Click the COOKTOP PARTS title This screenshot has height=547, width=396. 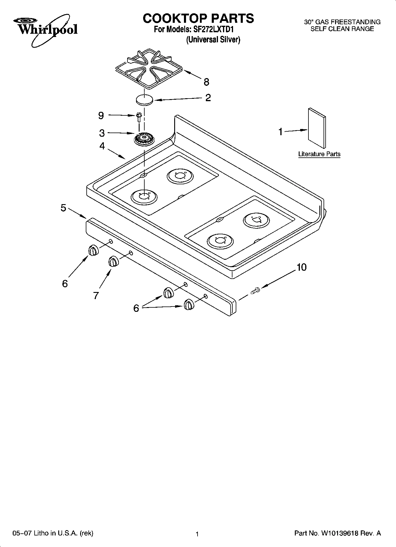(x=198, y=18)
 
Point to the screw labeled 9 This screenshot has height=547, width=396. (x=139, y=117)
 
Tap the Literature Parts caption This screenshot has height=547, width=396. (x=319, y=154)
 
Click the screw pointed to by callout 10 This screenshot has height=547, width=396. (x=255, y=290)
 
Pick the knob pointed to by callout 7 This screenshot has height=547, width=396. (x=113, y=262)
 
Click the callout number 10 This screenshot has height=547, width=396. (x=301, y=267)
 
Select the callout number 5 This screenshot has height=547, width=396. (x=64, y=208)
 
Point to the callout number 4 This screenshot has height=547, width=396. (x=102, y=146)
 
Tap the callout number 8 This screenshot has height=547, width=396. (x=206, y=82)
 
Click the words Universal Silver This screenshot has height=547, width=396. (x=213, y=40)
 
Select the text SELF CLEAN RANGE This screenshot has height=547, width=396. (x=342, y=29)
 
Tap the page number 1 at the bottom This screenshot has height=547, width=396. (x=197, y=534)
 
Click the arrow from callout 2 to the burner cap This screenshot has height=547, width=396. (x=177, y=99)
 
